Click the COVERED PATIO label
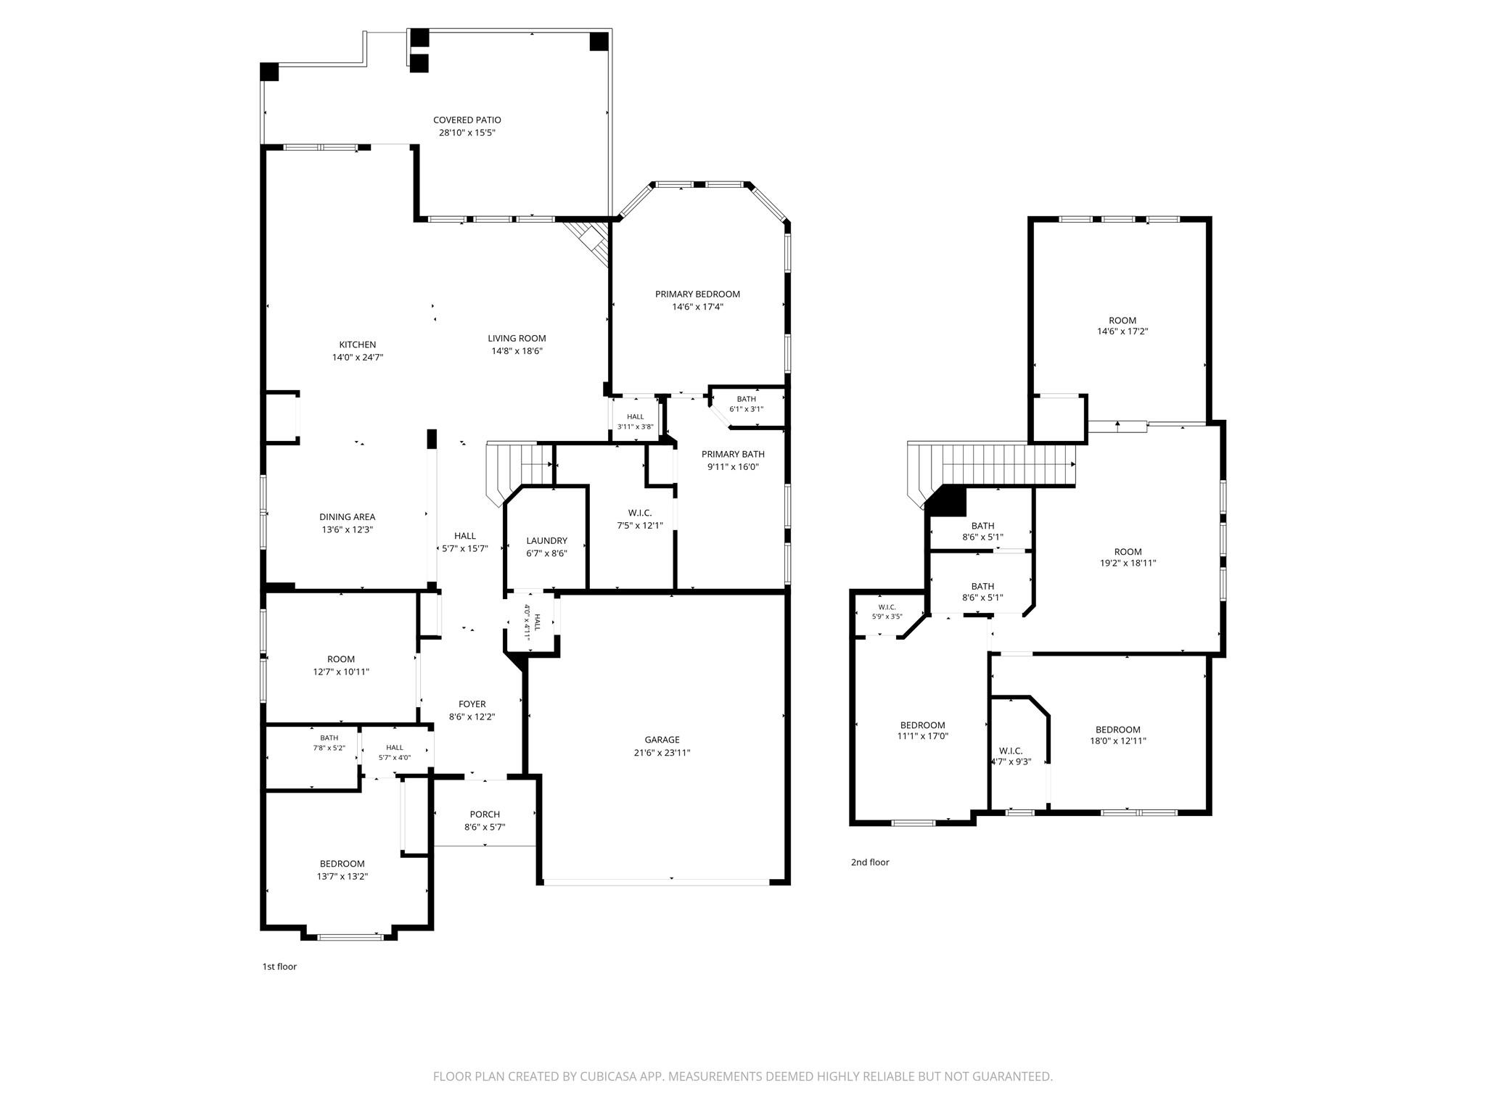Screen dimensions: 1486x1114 pyautogui.click(x=467, y=120)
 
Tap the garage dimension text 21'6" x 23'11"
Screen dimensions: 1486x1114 pyautogui.click(x=662, y=753)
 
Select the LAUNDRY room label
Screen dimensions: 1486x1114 pyautogui.click(x=546, y=541)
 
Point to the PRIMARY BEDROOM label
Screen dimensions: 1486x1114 pyautogui.click(x=697, y=294)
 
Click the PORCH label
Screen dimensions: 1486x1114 pyautogui.click(x=485, y=814)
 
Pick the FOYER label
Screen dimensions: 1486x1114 pyautogui.click(x=472, y=704)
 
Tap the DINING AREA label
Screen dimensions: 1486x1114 pyautogui.click(x=347, y=517)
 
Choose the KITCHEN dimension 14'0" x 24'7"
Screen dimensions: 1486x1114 pyautogui.click(x=357, y=358)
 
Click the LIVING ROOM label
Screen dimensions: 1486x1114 pyautogui.click(x=517, y=339)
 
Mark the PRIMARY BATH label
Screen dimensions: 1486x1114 pyautogui.click(x=733, y=455)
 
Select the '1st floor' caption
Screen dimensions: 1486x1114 pyautogui.click(x=279, y=967)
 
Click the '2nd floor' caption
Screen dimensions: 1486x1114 pyautogui.click(x=870, y=862)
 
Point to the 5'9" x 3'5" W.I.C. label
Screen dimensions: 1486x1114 pyautogui.click(x=887, y=616)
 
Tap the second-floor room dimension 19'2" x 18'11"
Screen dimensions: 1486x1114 pyautogui.click(x=1128, y=563)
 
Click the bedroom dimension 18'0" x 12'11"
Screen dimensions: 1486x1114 pyautogui.click(x=1117, y=741)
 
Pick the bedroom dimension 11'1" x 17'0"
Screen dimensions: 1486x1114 pyautogui.click(x=922, y=736)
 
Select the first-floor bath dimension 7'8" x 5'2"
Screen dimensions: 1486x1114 pyautogui.click(x=329, y=748)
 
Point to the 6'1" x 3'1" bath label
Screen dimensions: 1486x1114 pyautogui.click(x=746, y=409)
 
